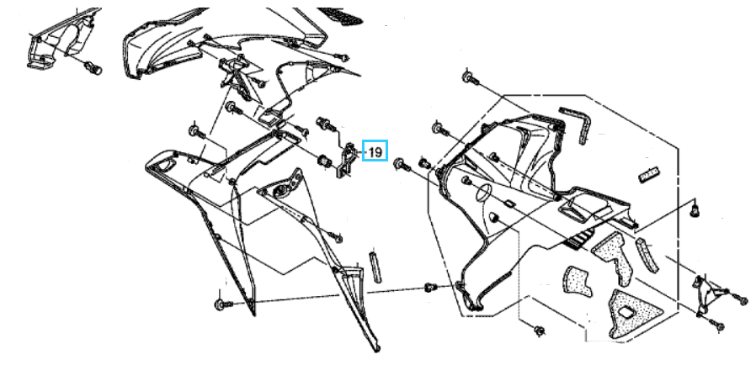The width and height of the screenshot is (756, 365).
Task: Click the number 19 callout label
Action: pyautogui.click(x=375, y=151)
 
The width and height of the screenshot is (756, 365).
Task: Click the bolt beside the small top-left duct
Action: pyautogui.click(x=93, y=68)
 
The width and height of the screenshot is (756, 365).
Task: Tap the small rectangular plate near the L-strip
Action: pyautogui.click(x=648, y=175)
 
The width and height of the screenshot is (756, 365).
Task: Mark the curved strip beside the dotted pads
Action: pyautogui.click(x=647, y=254)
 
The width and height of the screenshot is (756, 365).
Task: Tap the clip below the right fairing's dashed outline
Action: pyautogui.click(x=540, y=331)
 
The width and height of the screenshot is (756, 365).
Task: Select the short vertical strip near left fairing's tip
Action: pyautogui.click(x=375, y=267)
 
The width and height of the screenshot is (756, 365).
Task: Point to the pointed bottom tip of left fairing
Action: pyautogui.click(x=376, y=349)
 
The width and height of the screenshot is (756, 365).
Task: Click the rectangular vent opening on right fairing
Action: pyautogui.click(x=572, y=211)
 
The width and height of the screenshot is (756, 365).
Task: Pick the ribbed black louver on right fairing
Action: pyautogui.click(x=578, y=238)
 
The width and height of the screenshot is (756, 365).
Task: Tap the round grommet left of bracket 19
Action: pyautogui.click(x=324, y=161)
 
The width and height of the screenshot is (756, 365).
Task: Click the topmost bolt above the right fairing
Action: pyautogui.click(x=470, y=77)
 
